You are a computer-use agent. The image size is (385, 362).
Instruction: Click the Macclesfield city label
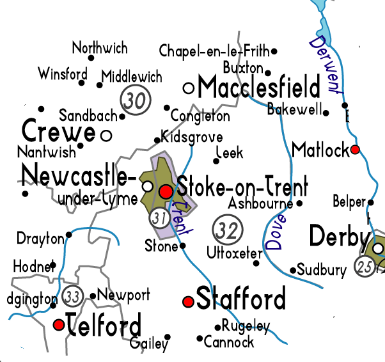259,86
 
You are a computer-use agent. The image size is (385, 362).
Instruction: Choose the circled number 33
73,296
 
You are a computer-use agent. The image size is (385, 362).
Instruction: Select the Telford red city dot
59,324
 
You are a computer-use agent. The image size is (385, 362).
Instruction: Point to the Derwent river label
326,64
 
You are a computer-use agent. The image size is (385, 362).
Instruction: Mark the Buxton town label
243,67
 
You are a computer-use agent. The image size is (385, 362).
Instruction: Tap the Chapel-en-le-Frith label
214,51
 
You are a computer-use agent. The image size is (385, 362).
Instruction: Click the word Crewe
59,132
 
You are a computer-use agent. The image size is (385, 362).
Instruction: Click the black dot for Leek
216,161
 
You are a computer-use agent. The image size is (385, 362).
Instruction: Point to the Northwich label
100,48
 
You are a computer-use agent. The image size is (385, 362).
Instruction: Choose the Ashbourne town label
260,204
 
